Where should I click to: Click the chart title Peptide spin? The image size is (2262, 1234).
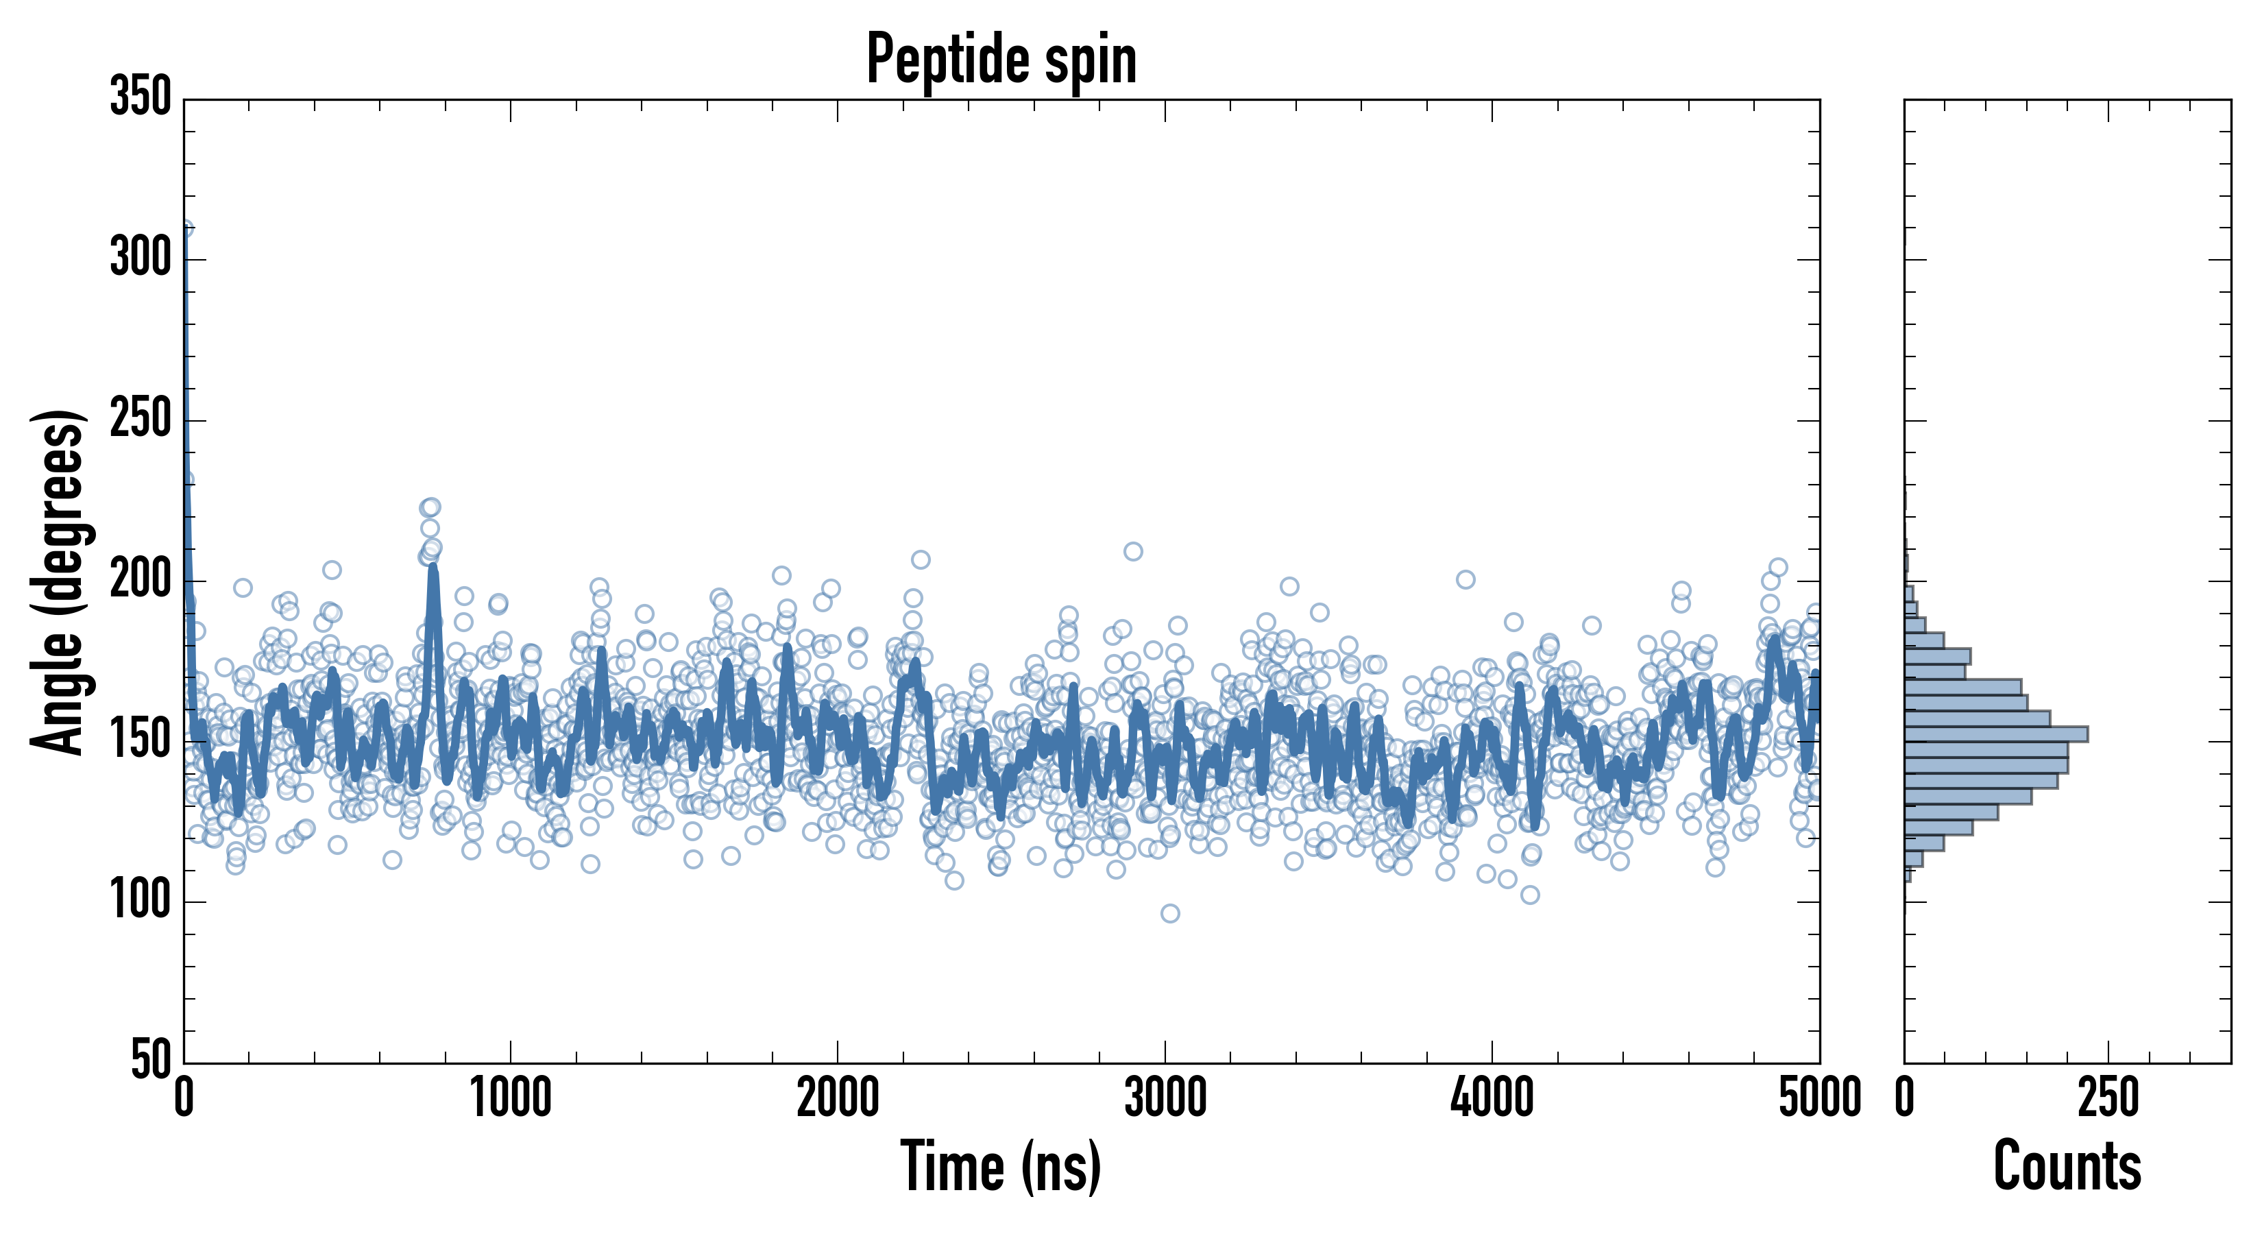tap(1001, 60)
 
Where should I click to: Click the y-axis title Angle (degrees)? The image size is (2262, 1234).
tap(59, 582)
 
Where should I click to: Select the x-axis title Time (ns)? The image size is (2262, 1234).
tap(1001, 1166)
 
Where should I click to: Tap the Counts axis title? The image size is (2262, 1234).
tap(2067, 1166)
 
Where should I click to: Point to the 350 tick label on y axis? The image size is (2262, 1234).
tap(141, 97)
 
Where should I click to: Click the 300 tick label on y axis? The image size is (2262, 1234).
tap(141, 259)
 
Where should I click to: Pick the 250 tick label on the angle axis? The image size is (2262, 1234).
tap(141, 420)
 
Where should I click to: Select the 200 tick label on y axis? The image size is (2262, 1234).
tap(141, 581)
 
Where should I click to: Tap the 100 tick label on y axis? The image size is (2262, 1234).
tap(141, 901)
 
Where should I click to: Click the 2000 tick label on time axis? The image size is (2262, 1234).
tap(838, 1098)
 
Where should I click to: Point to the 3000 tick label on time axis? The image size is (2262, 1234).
tap(1165, 1098)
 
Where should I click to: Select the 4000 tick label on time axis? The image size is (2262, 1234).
tap(1492, 1098)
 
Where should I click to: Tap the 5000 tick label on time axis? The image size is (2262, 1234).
tap(1819, 1098)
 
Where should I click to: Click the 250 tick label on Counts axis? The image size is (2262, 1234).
tap(2108, 1098)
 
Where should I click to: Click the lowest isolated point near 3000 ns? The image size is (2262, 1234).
tap(1169, 913)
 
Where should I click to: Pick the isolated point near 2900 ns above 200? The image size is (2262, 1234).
tap(1133, 552)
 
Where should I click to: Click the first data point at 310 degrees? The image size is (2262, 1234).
tap(185, 228)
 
